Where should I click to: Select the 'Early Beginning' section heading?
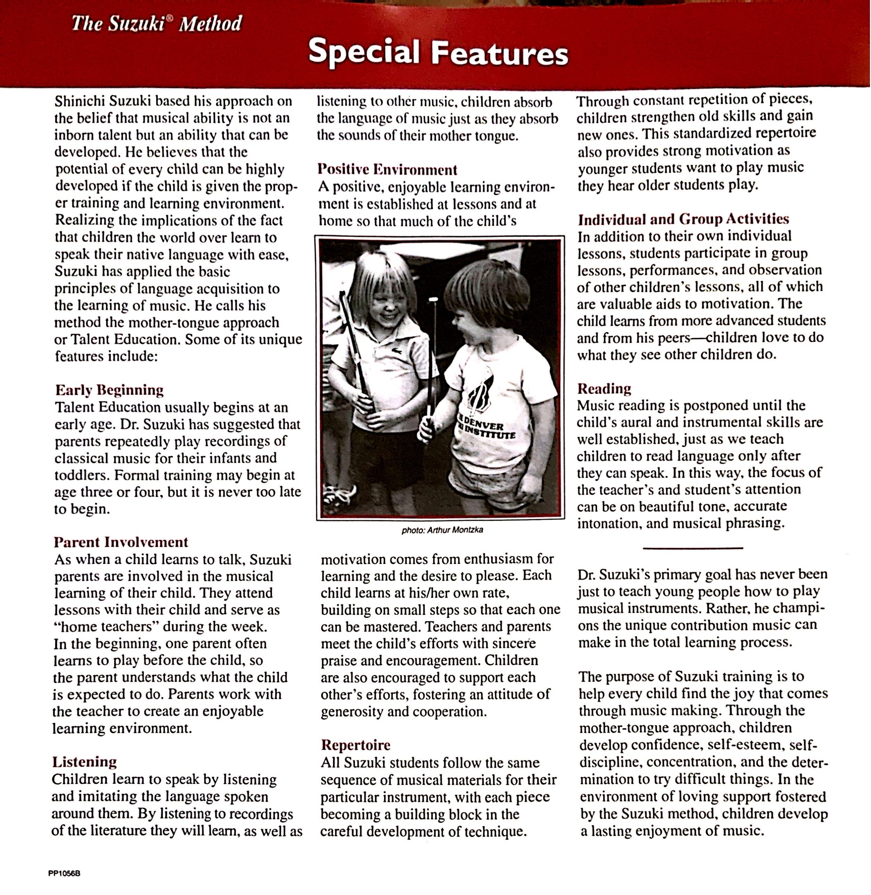pyautogui.click(x=109, y=390)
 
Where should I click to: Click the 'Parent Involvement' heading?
pyautogui.click(x=121, y=542)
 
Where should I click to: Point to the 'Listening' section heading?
pyautogui.click(x=85, y=761)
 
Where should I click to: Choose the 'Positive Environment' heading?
pyautogui.click(x=387, y=170)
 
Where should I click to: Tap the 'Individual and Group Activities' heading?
pyautogui.click(x=683, y=219)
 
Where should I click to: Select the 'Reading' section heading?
pyautogui.click(x=604, y=388)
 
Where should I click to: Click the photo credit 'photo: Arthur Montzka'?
pyautogui.click(x=442, y=530)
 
